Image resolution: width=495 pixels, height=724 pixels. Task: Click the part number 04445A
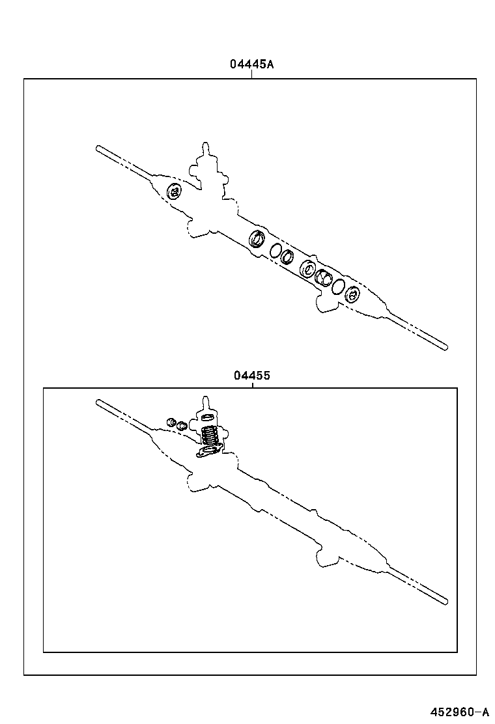tap(251, 64)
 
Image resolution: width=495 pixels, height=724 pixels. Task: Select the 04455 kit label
tap(251, 376)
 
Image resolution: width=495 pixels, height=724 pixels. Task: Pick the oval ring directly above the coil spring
tap(208, 417)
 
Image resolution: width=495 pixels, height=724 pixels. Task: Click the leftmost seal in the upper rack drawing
tap(174, 191)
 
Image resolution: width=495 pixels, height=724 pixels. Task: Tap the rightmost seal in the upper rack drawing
tap(352, 295)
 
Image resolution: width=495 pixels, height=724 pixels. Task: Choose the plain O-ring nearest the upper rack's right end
tap(338, 286)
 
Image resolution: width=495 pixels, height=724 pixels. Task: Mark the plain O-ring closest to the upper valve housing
tap(276, 250)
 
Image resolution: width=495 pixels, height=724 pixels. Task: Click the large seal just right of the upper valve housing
tap(257, 239)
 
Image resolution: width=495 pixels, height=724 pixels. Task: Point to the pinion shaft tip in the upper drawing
tap(206, 145)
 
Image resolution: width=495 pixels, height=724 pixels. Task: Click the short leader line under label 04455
tap(251, 384)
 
